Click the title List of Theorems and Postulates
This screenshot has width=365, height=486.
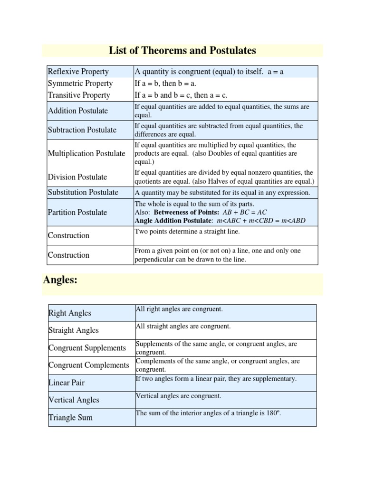tap(182, 50)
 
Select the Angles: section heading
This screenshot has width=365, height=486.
tap(60, 280)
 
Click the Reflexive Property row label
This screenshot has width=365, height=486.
tap(78, 72)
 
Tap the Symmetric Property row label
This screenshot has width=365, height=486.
tap(80, 84)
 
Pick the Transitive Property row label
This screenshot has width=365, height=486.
tap(79, 95)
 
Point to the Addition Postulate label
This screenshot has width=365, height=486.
tap(78, 111)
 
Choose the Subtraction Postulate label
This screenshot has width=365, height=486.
tap(82, 130)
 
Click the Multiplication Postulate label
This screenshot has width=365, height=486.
tap(86, 153)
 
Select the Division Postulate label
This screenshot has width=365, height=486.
tap(77, 177)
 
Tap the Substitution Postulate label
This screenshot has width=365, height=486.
tap(83, 192)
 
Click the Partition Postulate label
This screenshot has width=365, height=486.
tap(77, 212)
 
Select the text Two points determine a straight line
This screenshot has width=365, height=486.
tap(187, 231)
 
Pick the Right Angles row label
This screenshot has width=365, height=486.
tap(70, 313)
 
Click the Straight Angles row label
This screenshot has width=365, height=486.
tap(74, 330)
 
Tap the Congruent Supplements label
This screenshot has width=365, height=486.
tap(87, 348)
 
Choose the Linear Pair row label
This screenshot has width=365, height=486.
tap(67, 383)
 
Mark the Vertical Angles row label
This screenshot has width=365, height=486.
tap(74, 400)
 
